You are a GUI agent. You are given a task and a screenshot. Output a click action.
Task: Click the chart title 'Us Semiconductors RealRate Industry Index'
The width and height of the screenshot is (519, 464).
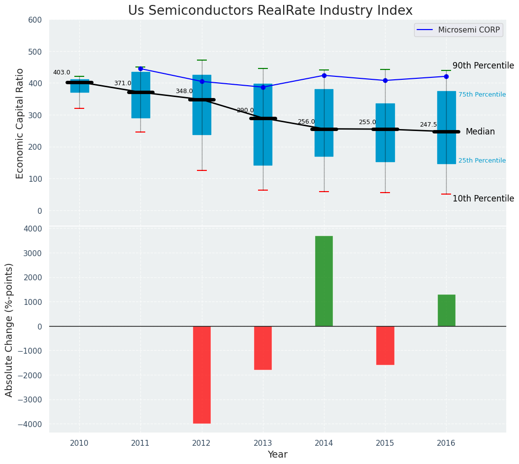point(270,11)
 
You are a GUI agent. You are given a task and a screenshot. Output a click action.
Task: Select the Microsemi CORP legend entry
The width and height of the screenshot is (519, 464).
point(458,30)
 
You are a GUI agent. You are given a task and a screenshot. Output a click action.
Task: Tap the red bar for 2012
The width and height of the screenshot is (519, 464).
point(202,374)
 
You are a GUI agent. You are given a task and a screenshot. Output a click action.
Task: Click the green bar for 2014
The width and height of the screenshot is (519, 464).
point(324,281)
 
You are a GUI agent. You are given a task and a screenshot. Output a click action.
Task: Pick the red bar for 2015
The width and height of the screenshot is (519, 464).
point(385,345)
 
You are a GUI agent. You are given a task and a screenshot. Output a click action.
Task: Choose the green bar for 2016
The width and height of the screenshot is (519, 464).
point(446,310)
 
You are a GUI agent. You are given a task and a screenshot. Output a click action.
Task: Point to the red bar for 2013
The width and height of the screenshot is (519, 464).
point(263,348)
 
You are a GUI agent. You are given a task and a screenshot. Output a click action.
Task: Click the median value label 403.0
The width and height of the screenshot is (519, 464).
point(62,72)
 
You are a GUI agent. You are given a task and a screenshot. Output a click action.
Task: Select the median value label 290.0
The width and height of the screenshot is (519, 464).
point(245,110)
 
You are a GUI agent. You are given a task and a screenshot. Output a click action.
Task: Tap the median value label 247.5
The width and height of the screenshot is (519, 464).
point(428,125)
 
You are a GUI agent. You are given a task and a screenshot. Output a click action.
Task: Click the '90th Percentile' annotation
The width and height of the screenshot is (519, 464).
point(483,66)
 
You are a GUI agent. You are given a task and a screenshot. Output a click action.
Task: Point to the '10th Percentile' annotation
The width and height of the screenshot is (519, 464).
point(483,199)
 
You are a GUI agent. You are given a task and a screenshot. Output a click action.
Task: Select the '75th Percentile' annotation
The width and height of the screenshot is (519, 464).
point(482,95)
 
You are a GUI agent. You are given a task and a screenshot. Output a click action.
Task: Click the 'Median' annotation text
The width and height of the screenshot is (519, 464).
point(480,132)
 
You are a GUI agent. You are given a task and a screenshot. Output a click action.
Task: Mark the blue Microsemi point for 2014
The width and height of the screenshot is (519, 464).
point(324,75)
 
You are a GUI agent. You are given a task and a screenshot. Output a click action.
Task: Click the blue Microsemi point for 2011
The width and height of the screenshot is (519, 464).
point(140,68)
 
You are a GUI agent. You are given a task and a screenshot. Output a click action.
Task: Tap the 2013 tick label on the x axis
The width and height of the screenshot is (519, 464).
point(263,443)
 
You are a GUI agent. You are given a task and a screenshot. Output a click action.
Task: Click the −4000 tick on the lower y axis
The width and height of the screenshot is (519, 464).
point(29,424)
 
